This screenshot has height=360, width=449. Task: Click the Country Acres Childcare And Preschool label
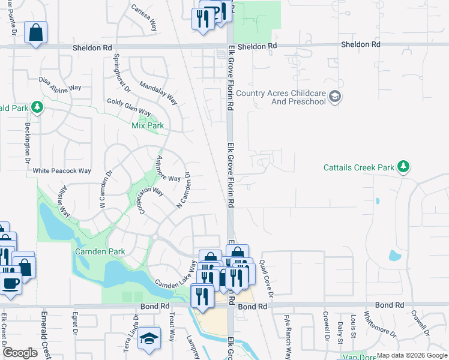tap(280, 97)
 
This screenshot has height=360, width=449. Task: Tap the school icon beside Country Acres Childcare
tap(336, 97)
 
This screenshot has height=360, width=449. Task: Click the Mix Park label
tap(147, 125)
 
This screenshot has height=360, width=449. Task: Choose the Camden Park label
tap(100, 251)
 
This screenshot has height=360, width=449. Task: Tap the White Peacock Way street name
tap(62, 171)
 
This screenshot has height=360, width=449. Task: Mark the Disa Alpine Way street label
tap(59, 83)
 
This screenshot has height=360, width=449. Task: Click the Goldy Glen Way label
tap(128, 107)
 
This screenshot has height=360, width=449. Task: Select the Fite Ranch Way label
tap(287, 336)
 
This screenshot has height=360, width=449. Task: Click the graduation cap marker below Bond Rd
tap(149, 339)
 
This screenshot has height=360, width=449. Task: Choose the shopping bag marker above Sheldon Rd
tap(35, 32)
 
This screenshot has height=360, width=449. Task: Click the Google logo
tap(20, 353)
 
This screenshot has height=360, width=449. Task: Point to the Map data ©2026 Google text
tap(411, 355)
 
